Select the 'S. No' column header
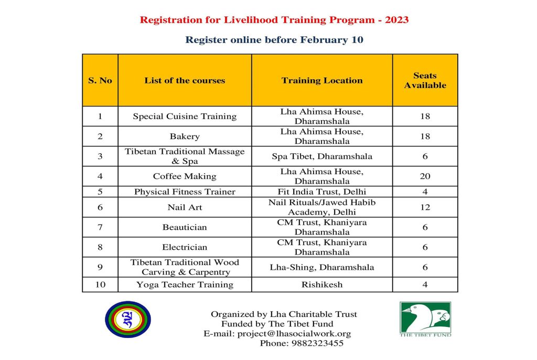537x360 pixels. tap(100, 80)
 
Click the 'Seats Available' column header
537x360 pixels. tap(425, 80)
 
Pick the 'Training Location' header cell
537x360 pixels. tap(322, 80)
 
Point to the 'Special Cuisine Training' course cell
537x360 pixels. tap(185, 117)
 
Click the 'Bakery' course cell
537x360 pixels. tap(185, 136)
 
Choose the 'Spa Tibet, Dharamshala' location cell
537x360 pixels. tap(322, 156)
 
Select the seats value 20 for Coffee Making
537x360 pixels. tap(425, 176)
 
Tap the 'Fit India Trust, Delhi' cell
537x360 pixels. tap(322, 192)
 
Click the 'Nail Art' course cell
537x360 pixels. tap(185, 207)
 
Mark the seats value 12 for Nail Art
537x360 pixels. tap(425, 207)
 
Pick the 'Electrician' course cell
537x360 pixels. tap(185, 247)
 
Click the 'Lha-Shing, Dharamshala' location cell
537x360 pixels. tap(322, 267)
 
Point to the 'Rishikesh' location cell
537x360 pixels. tap(322, 284)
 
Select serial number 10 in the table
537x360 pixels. tap(100, 284)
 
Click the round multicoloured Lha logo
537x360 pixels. tap(127, 319)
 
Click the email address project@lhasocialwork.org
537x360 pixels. tap(294, 334)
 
